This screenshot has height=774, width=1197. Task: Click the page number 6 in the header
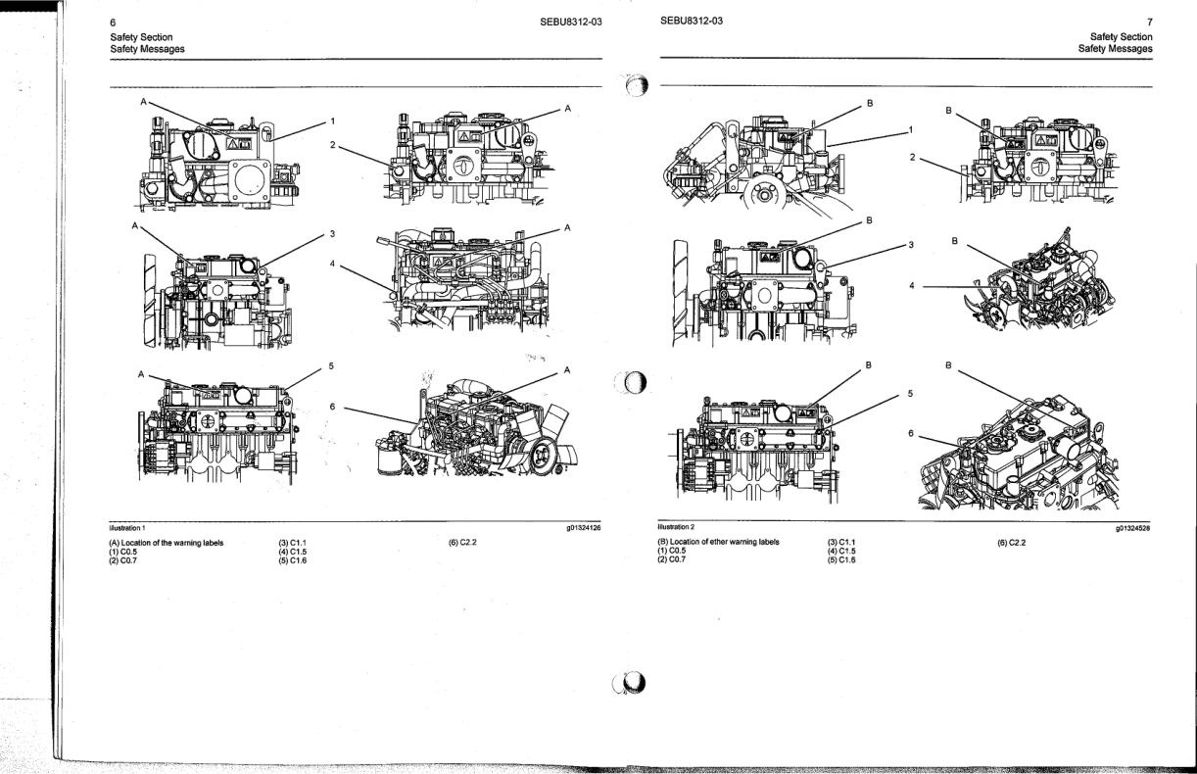pyautogui.click(x=114, y=21)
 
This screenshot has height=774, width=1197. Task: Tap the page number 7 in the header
pyautogui.click(x=1149, y=21)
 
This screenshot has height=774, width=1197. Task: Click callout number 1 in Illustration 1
pyautogui.click(x=332, y=121)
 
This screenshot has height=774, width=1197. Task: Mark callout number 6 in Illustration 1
pyautogui.click(x=331, y=408)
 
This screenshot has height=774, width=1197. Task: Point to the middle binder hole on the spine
pyautogui.click(x=632, y=383)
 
